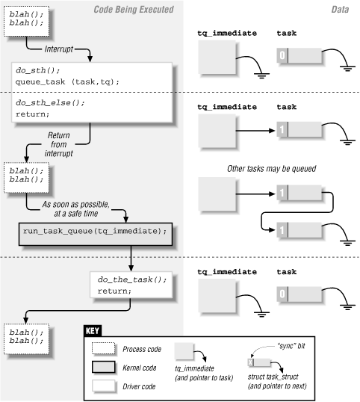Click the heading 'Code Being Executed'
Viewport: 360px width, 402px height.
[134, 9]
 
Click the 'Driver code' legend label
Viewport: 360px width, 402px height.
[139, 387]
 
